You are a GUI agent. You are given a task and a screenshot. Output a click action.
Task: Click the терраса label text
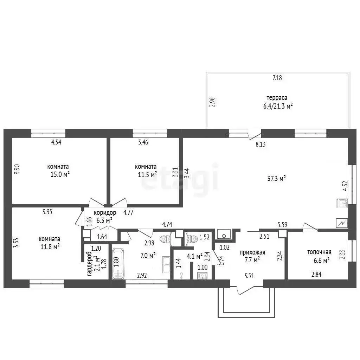277,98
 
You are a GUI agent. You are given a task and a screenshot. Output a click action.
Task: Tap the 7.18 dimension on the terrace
277,78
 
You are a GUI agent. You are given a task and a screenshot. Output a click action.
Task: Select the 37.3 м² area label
276,178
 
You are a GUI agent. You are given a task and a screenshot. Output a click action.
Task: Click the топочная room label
319,252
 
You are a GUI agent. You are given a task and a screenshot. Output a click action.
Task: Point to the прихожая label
252,252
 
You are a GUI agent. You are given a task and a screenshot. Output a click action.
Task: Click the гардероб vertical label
89,264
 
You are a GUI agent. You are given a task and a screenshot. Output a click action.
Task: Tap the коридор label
105,213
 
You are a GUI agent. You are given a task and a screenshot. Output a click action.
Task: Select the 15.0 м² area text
60,174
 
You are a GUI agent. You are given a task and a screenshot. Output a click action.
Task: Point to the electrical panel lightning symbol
342,223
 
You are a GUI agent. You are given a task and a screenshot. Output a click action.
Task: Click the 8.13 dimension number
261,144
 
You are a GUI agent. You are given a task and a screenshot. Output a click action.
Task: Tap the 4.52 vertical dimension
345,186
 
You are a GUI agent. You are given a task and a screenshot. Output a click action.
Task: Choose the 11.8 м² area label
50,247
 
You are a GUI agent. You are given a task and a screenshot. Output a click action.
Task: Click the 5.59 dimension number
282,225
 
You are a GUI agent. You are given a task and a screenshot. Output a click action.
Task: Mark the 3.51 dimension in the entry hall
249,276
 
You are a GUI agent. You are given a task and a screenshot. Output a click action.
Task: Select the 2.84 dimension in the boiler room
316,274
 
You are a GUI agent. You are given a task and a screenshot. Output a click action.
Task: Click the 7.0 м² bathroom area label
148,255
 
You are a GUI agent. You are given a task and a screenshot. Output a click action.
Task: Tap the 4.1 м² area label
194,256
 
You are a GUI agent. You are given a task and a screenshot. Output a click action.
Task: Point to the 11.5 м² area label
147,174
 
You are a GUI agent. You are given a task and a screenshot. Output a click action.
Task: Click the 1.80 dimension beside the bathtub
116,262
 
